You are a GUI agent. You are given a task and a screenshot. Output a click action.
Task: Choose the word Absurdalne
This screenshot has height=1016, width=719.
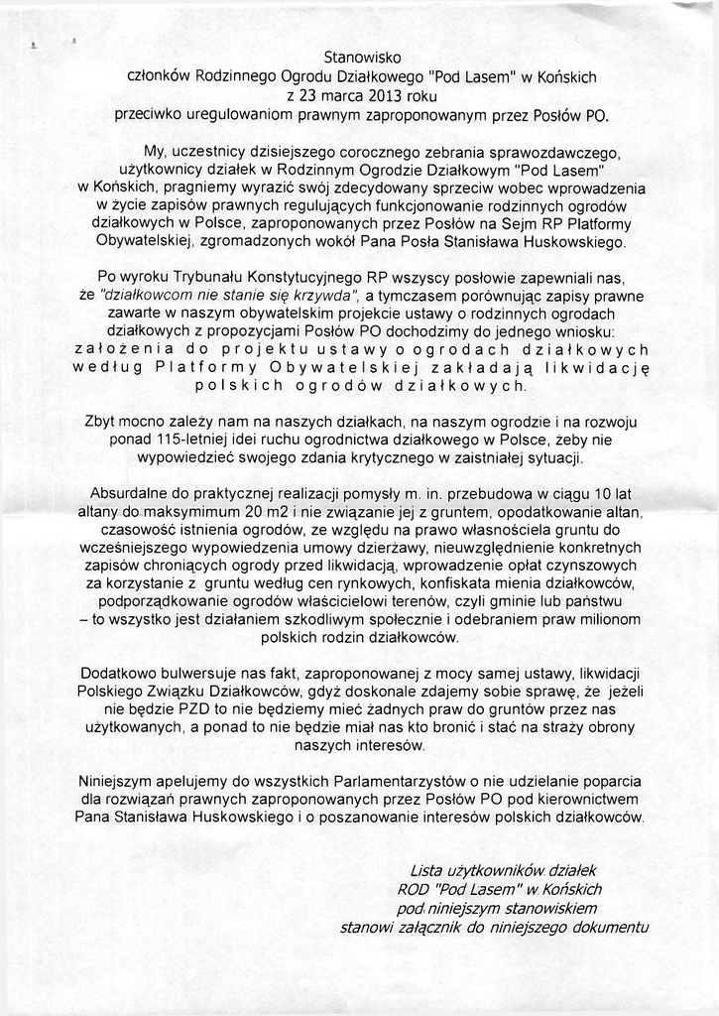pyautogui.click(x=127, y=494)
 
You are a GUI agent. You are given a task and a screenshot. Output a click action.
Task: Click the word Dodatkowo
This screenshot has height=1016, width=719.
pyautogui.click(x=117, y=673)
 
